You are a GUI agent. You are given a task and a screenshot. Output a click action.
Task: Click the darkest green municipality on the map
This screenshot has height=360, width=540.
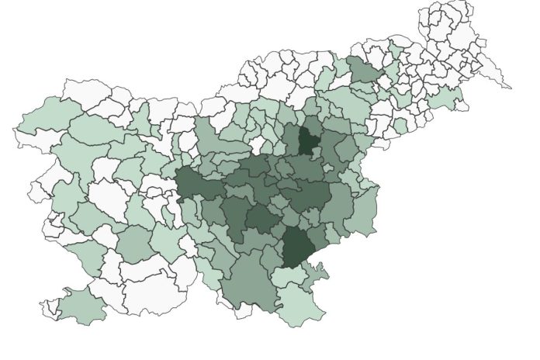pos(309,140)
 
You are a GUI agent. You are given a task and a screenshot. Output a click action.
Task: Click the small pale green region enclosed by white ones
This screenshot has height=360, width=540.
pos(400,125)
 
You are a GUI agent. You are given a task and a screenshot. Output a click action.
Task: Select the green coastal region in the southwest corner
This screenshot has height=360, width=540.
pos(82,306)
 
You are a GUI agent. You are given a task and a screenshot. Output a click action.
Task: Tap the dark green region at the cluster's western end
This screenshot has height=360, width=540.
pos(197,187)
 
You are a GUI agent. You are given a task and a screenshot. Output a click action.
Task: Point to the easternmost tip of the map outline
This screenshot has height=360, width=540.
pos(511,88)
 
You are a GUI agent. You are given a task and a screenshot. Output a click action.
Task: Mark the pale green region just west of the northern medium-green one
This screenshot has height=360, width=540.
pos(326,78)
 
